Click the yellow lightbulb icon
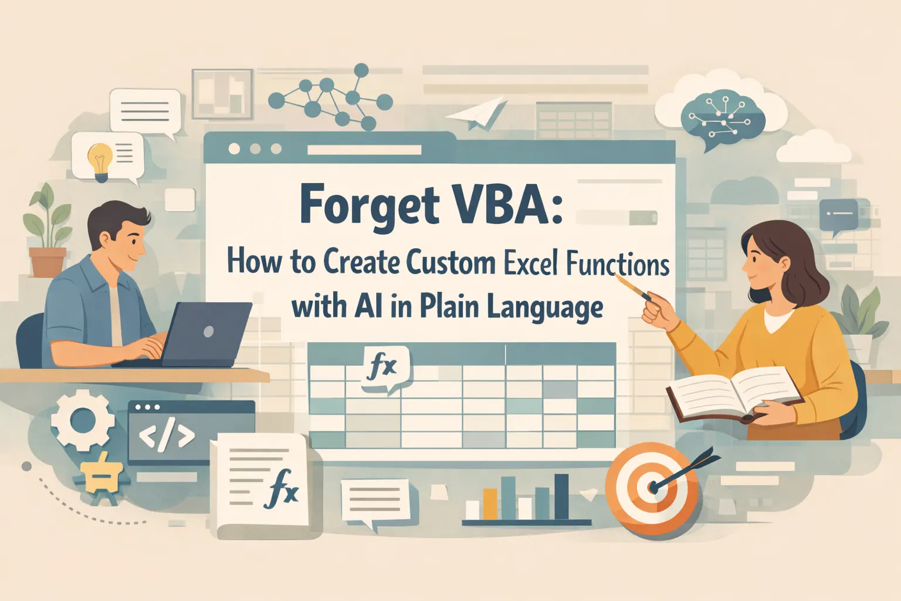[100, 159]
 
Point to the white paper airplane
[480, 114]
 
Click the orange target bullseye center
[653, 487]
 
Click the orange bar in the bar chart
[490, 504]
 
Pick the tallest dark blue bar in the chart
[561, 497]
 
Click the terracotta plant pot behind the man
[48, 262]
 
